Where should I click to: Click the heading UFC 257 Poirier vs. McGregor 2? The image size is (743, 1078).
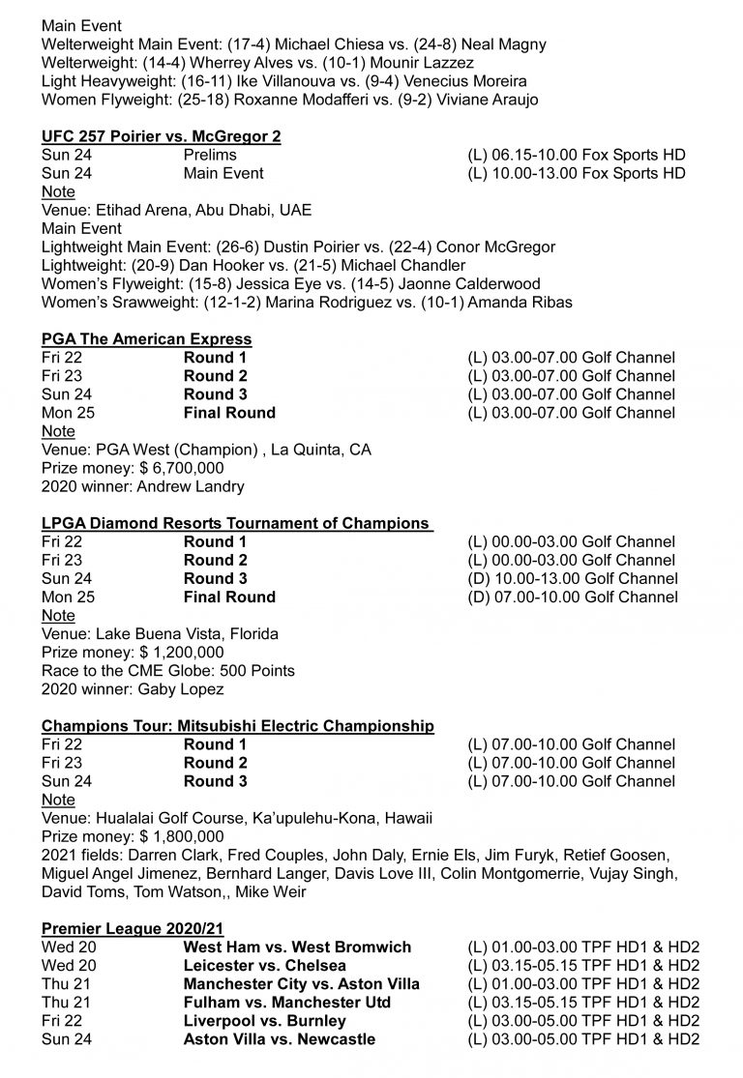tap(162, 136)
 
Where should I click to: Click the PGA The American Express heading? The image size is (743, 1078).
tap(147, 339)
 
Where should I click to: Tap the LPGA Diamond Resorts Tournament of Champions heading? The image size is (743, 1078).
tap(235, 523)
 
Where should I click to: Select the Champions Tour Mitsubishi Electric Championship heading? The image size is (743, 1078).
tap(238, 726)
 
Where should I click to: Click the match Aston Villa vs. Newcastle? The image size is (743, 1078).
tap(280, 1039)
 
